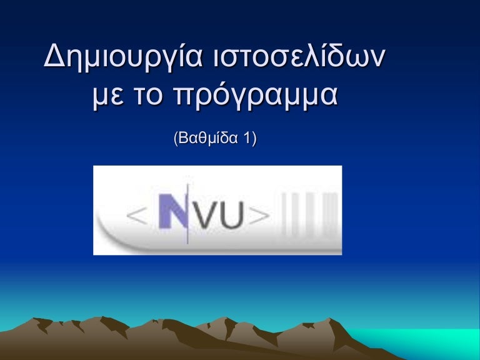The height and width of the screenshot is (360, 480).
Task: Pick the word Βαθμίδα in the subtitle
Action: [x=209, y=138]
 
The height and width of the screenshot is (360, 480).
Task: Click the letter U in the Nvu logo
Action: [x=234, y=214]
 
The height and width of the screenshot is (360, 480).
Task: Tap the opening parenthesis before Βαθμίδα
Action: [x=174, y=139]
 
